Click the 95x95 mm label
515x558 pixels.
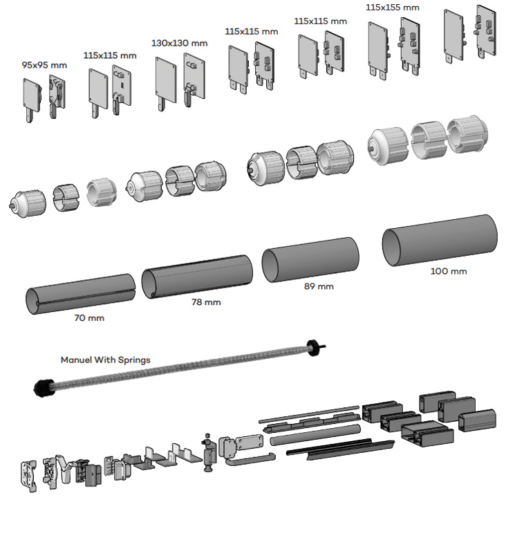[44, 65]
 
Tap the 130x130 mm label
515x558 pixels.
[179, 43]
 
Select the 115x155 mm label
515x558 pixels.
[392, 8]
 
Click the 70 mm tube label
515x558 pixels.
[89, 318]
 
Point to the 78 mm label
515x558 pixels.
[206, 301]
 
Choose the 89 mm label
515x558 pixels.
[318, 286]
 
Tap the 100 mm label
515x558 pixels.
[449, 270]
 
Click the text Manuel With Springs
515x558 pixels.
[105, 360]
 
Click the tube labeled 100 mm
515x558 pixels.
[440, 239]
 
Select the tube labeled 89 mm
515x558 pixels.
[310, 259]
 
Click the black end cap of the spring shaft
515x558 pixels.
[44, 387]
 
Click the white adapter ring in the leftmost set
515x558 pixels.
[102, 192]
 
